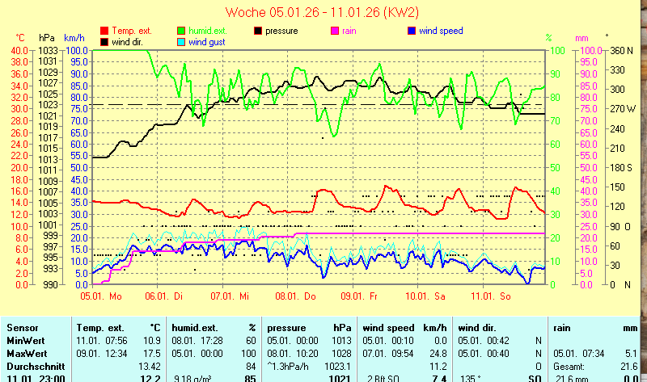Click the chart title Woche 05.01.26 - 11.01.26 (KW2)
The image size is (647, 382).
pos(322,12)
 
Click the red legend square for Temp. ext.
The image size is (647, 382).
pos(104,31)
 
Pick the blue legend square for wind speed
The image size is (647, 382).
pos(412,31)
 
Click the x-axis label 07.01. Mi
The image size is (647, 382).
pos(230,296)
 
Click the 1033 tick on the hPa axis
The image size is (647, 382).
pos(49,50)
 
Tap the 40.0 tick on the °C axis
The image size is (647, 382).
pos(19,50)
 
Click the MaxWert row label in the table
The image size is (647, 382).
pos(27,353)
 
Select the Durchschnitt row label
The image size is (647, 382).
pos(33,366)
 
